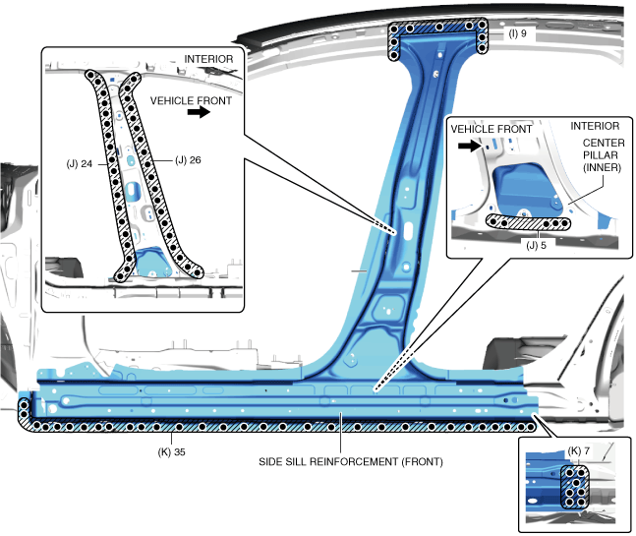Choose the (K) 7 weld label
pyautogui.click(x=578, y=449)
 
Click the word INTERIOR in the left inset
pyautogui.click(x=208, y=59)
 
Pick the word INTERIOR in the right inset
pyautogui.click(x=596, y=126)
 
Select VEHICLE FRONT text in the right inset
pyautogui.click(x=491, y=129)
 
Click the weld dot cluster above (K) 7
pyautogui.click(x=575, y=488)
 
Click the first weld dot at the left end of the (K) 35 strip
pyautogui.click(x=25, y=405)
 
